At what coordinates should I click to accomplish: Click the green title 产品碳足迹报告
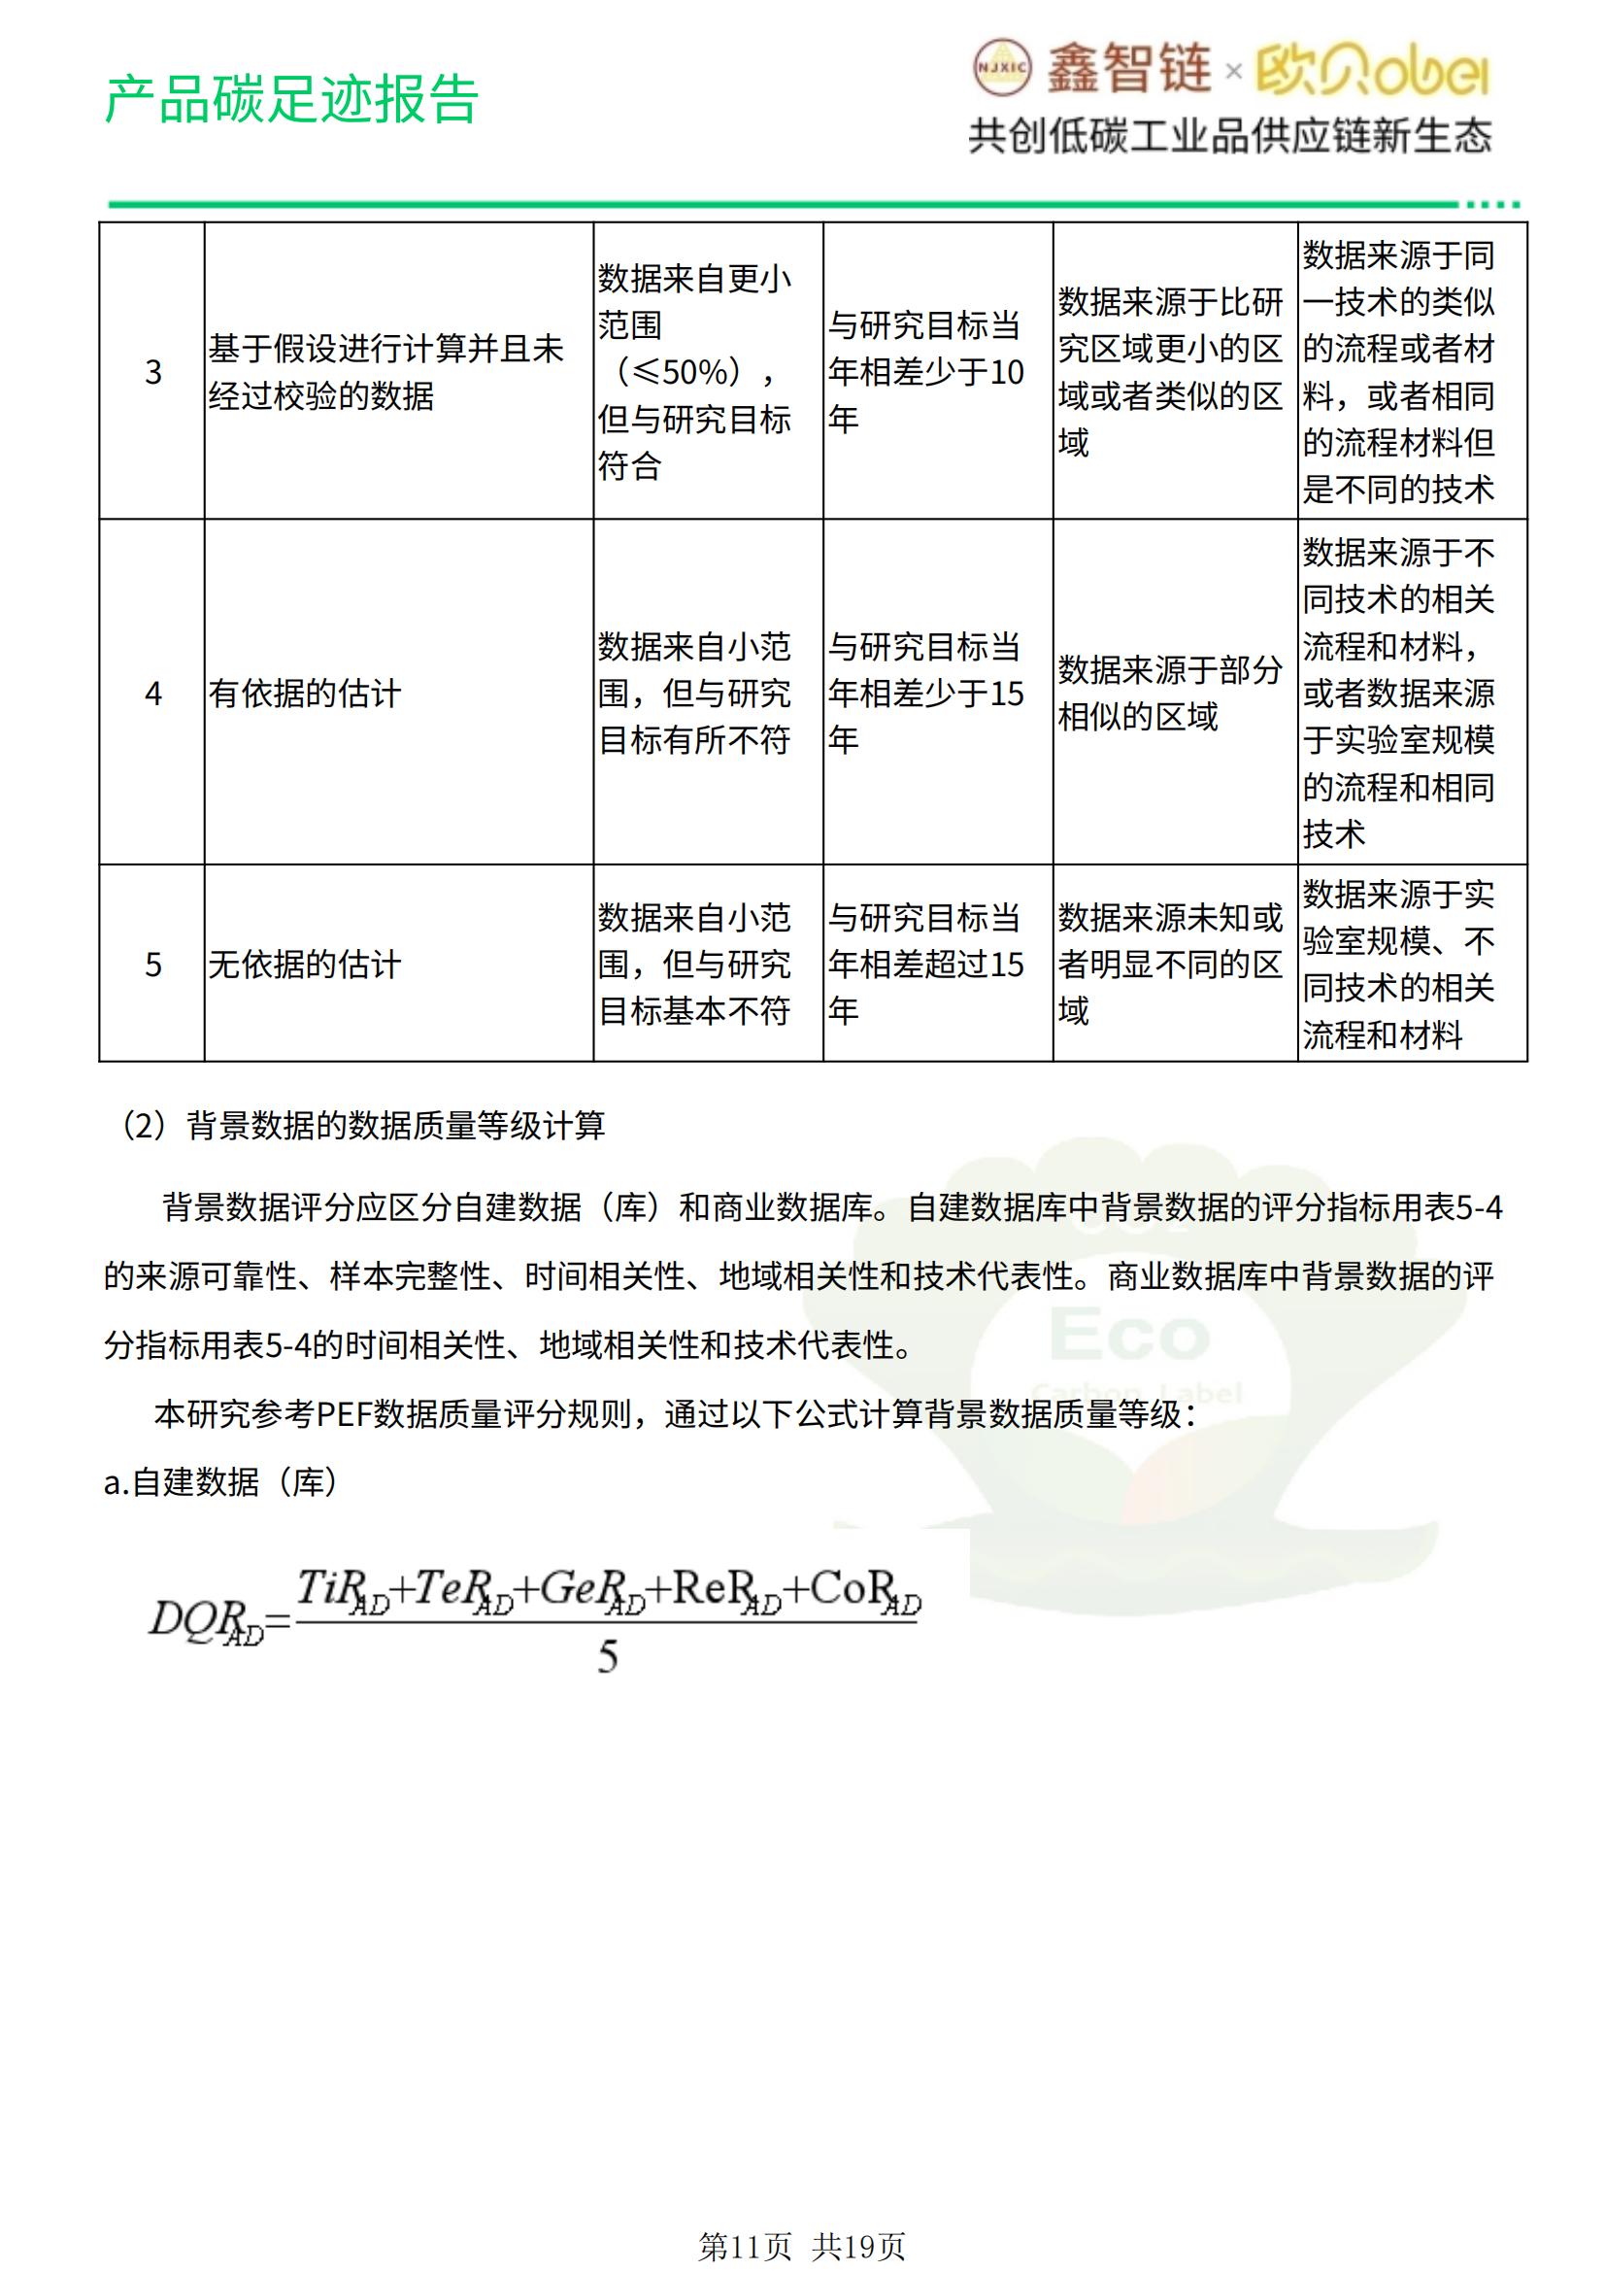point(290,99)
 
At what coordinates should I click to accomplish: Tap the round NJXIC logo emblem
point(1002,68)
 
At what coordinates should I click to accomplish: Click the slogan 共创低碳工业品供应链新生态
point(1229,137)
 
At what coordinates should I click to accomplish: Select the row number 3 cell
point(152,372)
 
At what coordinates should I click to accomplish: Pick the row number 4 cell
point(152,694)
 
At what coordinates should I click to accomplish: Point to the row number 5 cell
point(152,965)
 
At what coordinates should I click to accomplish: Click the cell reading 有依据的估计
point(305,694)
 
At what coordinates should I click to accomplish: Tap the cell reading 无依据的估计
point(305,965)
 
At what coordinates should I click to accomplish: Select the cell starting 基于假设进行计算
point(385,372)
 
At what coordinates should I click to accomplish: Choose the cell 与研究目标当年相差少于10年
point(925,372)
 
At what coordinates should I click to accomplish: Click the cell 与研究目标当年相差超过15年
point(925,965)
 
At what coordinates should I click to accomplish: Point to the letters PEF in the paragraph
point(343,1414)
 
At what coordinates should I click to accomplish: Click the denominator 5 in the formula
point(607,1657)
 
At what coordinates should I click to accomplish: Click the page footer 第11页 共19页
point(801,2248)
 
